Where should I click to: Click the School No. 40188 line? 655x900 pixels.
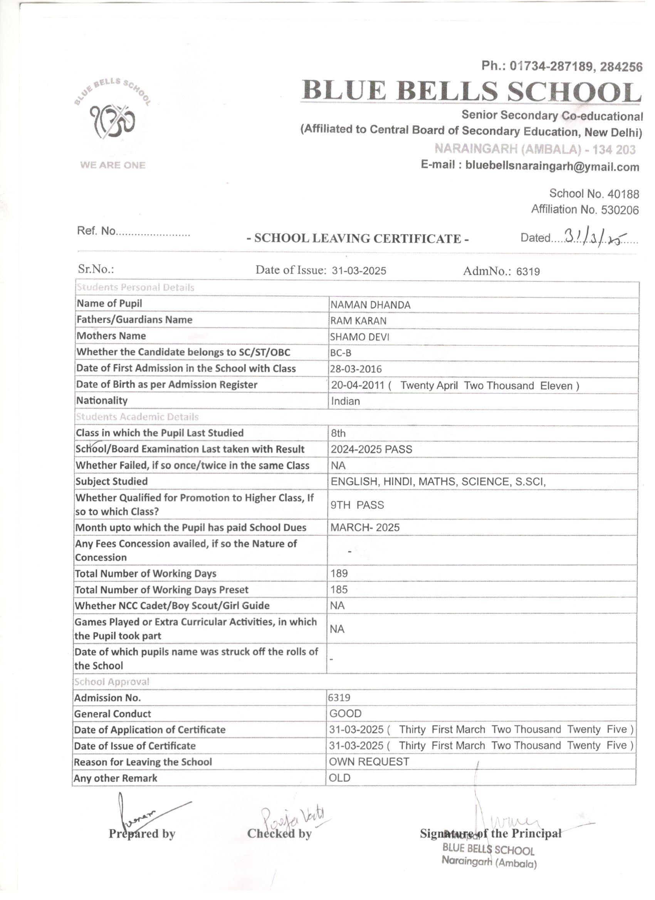594,194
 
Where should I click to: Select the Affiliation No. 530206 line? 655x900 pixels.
585,209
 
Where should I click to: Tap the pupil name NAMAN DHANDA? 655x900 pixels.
370,305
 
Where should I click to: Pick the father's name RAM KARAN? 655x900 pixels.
358,321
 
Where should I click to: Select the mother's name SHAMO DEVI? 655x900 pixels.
359,337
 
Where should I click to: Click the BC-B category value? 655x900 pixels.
341,353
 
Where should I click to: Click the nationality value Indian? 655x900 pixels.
345,401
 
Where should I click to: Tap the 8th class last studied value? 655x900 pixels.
338,433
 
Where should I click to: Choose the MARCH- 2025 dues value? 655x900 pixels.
364,527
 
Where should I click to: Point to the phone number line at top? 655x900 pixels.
562,66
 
